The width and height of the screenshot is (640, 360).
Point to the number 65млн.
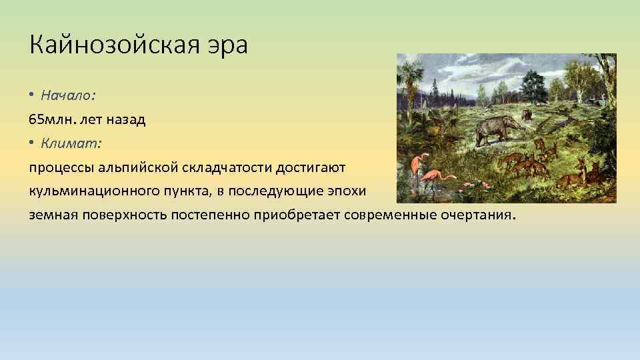[x=52, y=119]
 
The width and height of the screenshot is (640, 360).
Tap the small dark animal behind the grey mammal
[x=527, y=115]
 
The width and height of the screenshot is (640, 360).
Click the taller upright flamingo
[x=418, y=167]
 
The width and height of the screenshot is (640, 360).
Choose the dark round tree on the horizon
[x=533, y=85]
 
